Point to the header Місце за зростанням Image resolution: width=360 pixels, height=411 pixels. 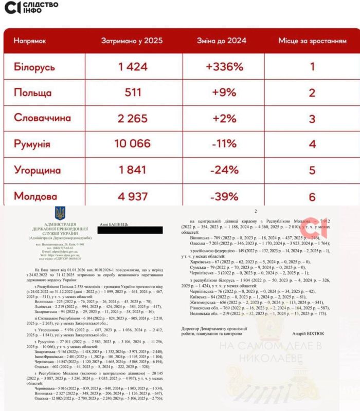pyautogui.click(x=312, y=41)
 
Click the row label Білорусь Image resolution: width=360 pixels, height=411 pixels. pyautogui.click(x=34, y=67)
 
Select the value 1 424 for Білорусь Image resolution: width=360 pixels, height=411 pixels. pyautogui.click(x=132, y=67)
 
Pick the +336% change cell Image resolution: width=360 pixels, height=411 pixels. pyautogui.click(x=224, y=67)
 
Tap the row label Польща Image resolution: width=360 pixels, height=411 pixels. pyautogui.click(x=32, y=93)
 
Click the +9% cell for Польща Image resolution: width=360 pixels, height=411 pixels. pyautogui.click(x=224, y=93)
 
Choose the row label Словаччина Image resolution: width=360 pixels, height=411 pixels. pyautogui.click(x=42, y=119)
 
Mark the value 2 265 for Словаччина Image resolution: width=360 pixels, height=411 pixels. pyautogui.click(x=132, y=119)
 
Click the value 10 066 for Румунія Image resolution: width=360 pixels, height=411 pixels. pyautogui.click(x=132, y=144)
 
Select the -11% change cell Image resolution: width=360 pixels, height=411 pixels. pyautogui.click(x=224, y=144)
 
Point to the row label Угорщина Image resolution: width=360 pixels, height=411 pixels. pyautogui.click(x=38, y=171)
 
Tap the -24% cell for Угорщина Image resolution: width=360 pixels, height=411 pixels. pyautogui.click(x=224, y=171)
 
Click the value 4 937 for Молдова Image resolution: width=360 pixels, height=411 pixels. pyautogui.click(x=132, y=196)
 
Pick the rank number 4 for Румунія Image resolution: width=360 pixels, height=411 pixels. pyautogui.click(x=312, y=144)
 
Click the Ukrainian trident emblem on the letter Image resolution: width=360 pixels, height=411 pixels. pyautogui.click(x=60, y=214)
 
